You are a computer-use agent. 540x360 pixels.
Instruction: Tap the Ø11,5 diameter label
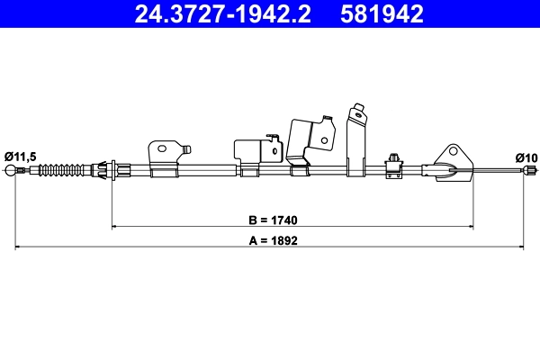(20, 157)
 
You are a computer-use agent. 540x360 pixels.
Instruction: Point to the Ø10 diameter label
(526, 157)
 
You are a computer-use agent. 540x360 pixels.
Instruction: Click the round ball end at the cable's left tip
(12, 171)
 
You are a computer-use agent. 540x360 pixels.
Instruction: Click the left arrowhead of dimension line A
(19, 247)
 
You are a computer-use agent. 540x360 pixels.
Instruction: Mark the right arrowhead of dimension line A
(522, 247)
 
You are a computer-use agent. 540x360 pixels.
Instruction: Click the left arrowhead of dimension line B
(113, 226)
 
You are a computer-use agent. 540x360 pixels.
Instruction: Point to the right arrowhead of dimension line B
(470, 226)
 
